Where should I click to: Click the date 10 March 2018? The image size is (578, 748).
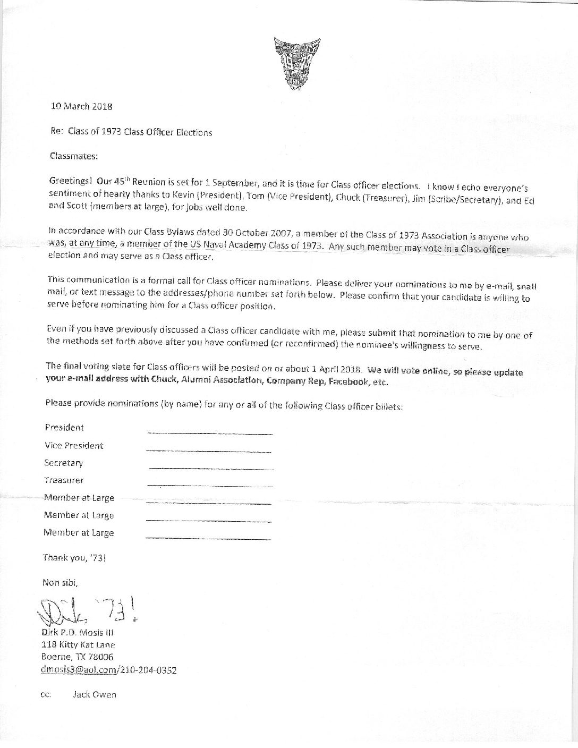81,106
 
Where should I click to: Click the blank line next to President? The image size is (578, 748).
210,433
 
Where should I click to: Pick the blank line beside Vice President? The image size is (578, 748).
208,451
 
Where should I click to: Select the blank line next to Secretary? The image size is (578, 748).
211,469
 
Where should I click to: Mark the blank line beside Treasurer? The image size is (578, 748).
209,486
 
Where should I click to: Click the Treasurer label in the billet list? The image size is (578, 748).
64,480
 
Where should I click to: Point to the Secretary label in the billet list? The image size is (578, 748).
64,463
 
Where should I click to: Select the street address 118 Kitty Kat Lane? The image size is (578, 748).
78,645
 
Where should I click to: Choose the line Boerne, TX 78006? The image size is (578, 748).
77,657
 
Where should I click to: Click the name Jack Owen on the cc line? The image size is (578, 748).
94,694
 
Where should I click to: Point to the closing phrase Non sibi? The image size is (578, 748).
60,582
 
